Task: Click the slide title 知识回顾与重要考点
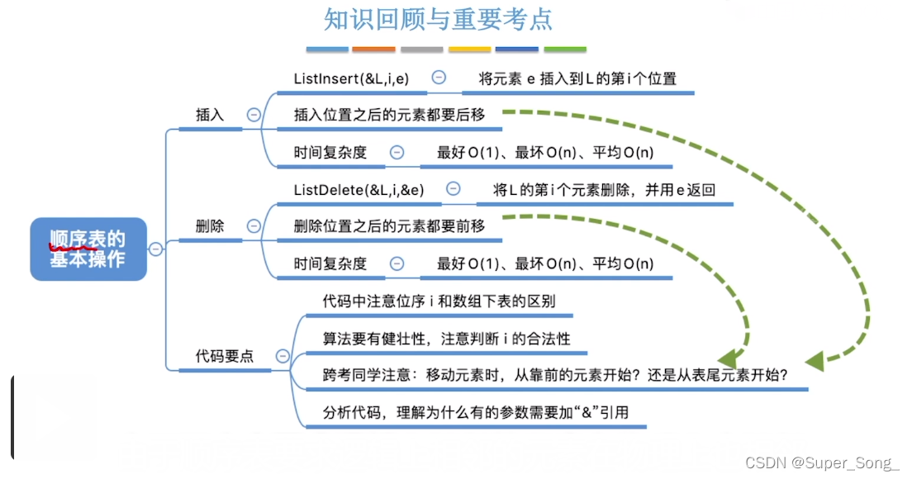coord(438,20)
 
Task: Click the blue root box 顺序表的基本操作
coord(88,249)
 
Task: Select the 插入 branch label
coord(210,115)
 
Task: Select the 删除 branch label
coord(210,225)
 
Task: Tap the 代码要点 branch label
coord(225,356)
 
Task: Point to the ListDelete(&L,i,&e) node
coord(359,190)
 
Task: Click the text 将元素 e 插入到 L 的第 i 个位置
coord(578,78)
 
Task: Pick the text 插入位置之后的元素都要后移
coord(389,116)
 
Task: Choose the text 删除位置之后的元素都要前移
coord(389,225)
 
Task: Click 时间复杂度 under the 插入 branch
coord(330,152)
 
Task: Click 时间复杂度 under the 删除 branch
coord(330,264)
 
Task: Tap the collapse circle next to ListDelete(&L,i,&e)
coord(453,189)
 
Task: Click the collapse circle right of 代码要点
coord(283,356)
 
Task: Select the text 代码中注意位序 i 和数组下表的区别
coord(439,301)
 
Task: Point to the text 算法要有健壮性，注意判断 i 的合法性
coord(447,339)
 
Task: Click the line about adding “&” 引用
coord(476,411)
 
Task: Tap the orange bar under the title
coord(374,50)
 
